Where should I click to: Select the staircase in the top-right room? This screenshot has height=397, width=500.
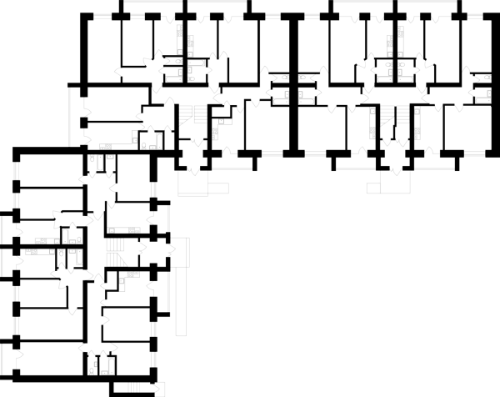pyautogui.click(x=395, y=115)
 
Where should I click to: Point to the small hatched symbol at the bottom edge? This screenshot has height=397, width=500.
pyautogui.click(x=133, y=388)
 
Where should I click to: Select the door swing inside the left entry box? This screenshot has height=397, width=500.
pyautogui.click(x=193, y=173)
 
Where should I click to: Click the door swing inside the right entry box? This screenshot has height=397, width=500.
pyautogui.click(x=396, y=173)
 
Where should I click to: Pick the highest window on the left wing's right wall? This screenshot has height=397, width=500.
pyautogui.click(x=153, y=190)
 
